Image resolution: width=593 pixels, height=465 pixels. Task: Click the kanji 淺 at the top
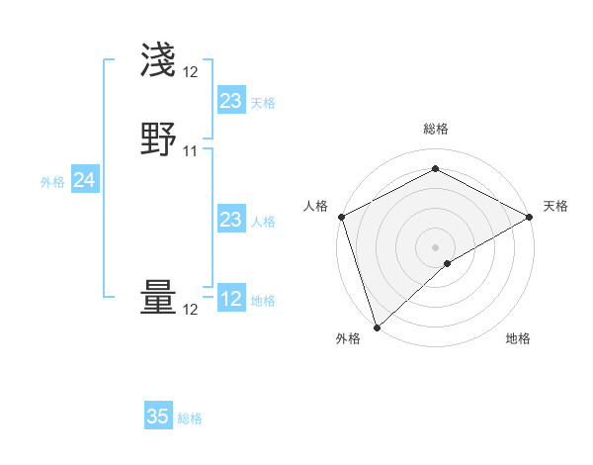(158, 60)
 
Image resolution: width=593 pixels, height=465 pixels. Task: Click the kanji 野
(158, 139)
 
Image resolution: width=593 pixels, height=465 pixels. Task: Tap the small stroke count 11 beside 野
(191, 151)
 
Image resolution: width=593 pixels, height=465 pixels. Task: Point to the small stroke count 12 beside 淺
(191, 72)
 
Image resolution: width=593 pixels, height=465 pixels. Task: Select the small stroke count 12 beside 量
(191, 310)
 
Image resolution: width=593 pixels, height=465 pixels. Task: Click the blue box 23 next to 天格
(230, 101)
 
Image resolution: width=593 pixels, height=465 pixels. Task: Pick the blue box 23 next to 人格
(230, 220)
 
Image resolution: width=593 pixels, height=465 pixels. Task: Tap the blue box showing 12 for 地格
(230, 299)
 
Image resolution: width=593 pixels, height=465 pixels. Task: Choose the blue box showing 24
(85, 180)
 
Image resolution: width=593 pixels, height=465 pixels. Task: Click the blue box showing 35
(158, 417)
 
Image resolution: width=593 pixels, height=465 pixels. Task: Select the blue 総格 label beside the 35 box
(191, 418)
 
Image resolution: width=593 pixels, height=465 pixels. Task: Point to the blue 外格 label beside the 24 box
(52, 182)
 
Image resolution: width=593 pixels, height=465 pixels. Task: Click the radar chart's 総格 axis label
(436, 129)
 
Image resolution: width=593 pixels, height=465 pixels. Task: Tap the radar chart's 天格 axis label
(555, 206)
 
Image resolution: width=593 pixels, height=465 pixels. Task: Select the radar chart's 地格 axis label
(518, 338)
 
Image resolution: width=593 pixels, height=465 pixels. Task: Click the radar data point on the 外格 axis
(377, 327)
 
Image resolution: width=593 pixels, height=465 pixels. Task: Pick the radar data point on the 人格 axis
(341, 217)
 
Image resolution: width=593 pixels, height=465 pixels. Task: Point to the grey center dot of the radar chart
(436, 246)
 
